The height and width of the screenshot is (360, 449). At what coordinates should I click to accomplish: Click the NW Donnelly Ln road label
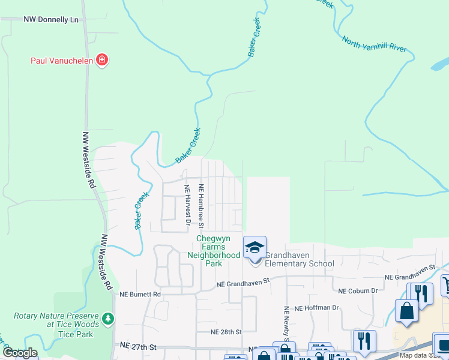tap(51, 19)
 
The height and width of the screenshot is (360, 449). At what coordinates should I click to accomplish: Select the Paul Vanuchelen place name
tap(63, 60)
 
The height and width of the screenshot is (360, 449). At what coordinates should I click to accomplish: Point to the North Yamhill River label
tap(374, 47)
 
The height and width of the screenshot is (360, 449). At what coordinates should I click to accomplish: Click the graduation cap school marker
tap(255, 247)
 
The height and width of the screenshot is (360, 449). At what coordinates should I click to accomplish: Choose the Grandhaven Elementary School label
tap(299, 259)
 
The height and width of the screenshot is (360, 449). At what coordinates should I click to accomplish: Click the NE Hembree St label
tap(202, 206)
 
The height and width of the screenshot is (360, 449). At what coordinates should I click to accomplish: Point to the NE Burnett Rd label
tap(140, 295)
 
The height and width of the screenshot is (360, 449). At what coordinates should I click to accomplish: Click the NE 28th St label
tap(226, 332)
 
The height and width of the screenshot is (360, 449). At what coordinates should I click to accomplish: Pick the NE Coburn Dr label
tap(358, 291)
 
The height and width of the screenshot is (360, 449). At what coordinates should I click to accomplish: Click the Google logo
tap(20, 353)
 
